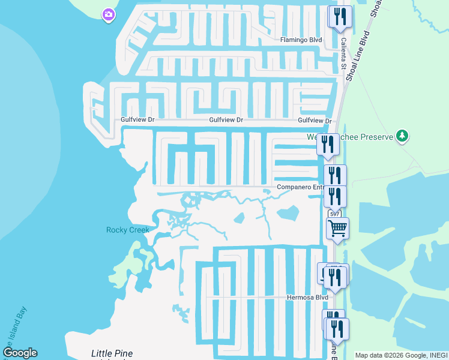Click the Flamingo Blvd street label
click(x=301, y=40)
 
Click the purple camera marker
click(x=109, y=14)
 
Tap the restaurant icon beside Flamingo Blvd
click(x=340, y=16)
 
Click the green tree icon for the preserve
click(x=402, y=136)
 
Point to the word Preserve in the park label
click(x=377, y=137)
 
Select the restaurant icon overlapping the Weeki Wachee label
click(x=328, y=144)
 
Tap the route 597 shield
click(x=334, y=214)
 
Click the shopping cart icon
click(x=337, y=228)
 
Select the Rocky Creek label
click(x=127, y=230)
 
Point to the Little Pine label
click(x=112, y=353)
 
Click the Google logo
click(x=20, y=353)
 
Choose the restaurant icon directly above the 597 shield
click(x=335, y=196)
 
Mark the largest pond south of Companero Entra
click(x=288, y=213)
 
